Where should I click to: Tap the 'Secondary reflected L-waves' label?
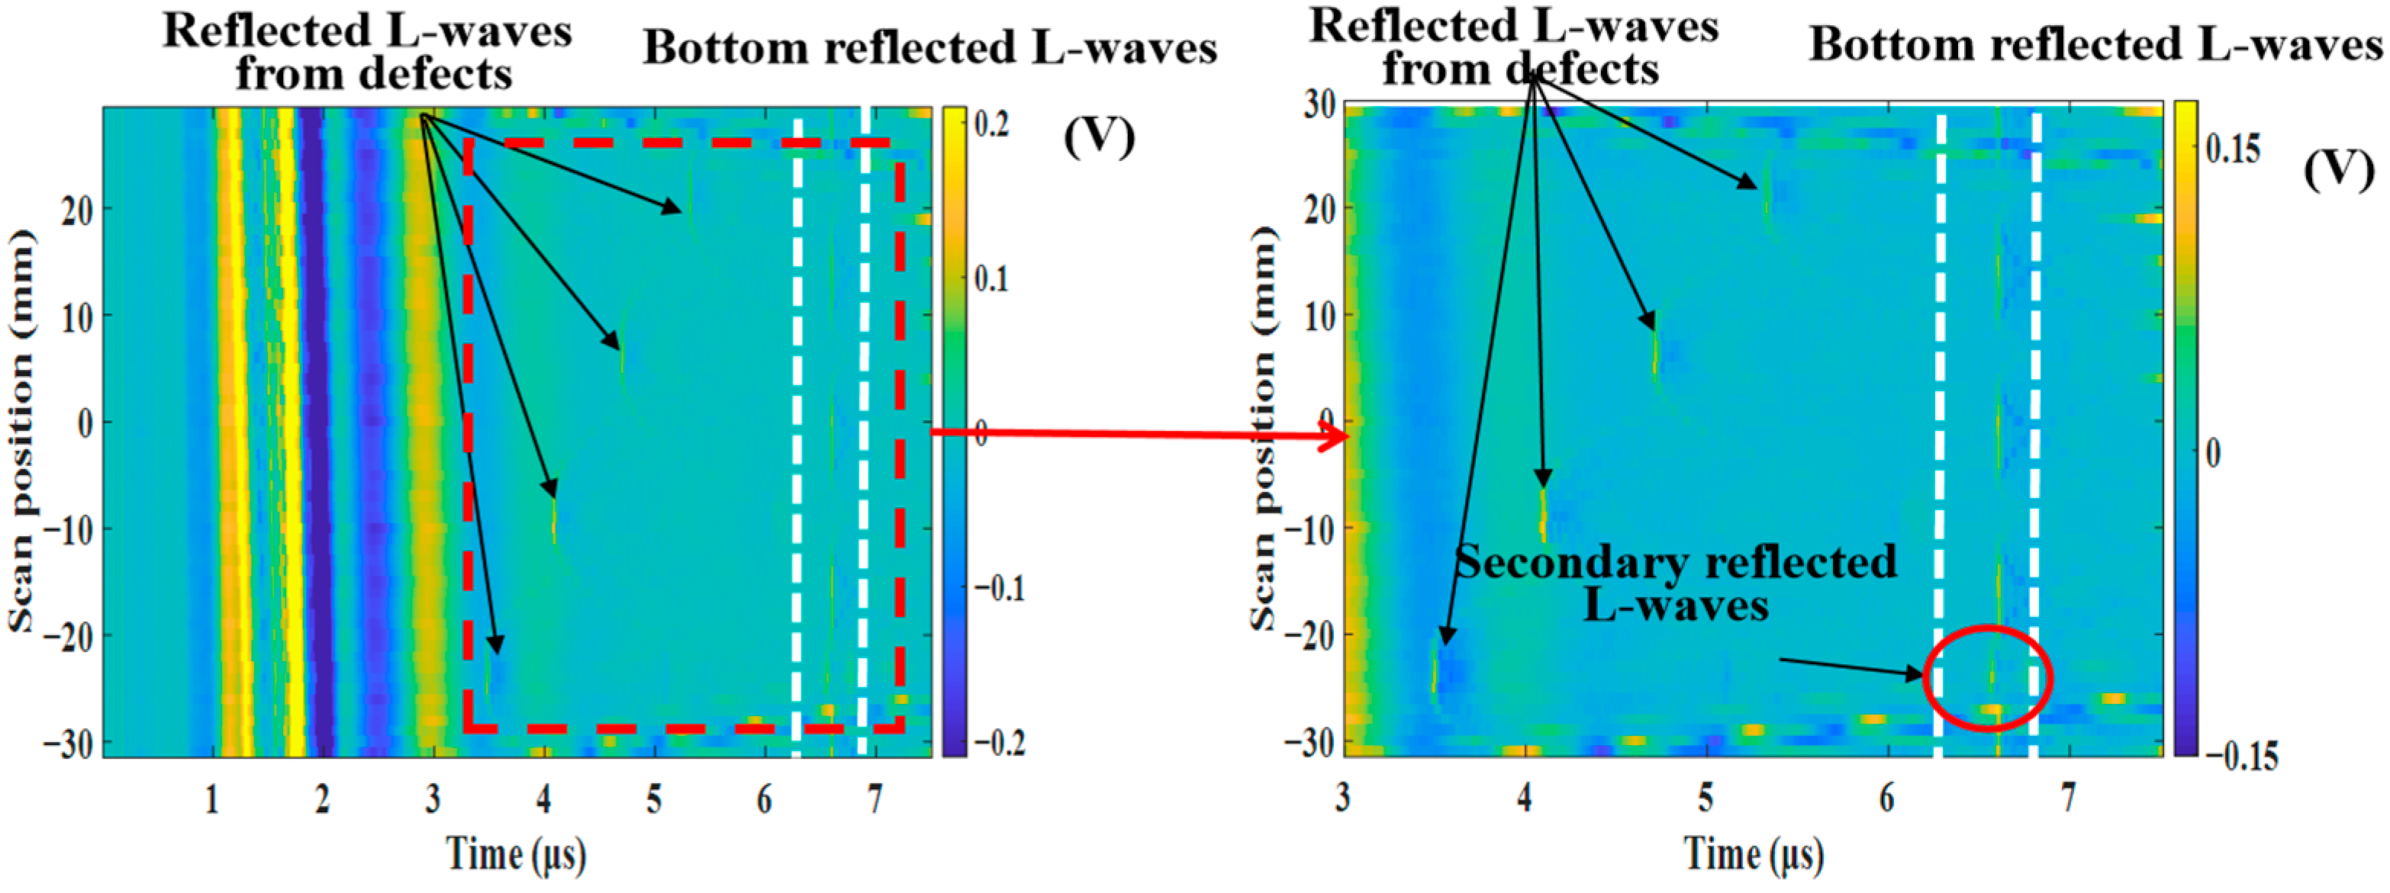click(x=1676, y=584)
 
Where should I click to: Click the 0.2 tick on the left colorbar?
click(x=992, y=124)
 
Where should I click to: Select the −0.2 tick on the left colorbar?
click(x=998, y=743)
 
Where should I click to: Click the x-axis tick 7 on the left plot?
click(x=874, y=798)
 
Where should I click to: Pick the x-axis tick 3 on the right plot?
click(x=1342, y=798)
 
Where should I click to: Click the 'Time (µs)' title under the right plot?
click(x=1754, y=853)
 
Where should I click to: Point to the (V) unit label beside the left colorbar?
click(x=1099, y=137)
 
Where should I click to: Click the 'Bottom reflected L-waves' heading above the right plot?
click(x=2095, y=44)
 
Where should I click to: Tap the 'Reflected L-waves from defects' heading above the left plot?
click(x=367, y=52)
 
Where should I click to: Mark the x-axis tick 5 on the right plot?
click(x=1706, y=798)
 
